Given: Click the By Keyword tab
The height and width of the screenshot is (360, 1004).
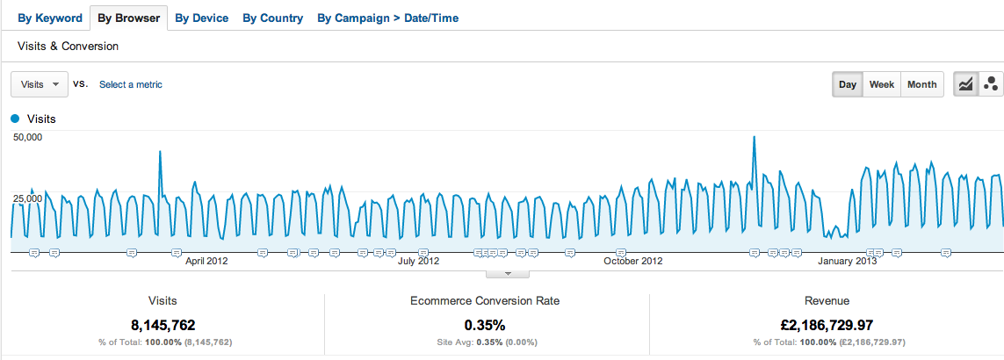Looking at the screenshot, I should point(50,18).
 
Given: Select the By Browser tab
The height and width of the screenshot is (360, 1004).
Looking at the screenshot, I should point(128,18).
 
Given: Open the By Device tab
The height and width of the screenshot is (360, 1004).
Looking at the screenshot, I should point(202,18).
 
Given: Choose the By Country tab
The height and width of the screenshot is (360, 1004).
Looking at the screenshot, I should point(273,18).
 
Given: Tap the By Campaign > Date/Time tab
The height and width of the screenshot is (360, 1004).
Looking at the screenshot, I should point(387,18).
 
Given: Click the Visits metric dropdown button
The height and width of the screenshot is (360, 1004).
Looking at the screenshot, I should point(40,84).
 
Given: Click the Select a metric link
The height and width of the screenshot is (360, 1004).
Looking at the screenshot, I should point(131,85).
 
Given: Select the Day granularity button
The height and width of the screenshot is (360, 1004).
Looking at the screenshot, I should point(848,85).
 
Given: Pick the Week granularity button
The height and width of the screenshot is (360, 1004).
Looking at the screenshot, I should point(882,85).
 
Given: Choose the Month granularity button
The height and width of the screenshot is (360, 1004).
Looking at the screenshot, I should point(922,85).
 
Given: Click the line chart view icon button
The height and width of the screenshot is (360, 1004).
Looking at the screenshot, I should point(965,85).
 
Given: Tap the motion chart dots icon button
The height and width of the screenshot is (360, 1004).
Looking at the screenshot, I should point(991,85).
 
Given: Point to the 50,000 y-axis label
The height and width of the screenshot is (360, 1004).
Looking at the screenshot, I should point(27,138).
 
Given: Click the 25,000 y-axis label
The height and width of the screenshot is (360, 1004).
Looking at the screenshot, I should point(27,199).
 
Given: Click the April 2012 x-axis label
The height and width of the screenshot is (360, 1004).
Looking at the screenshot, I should point(206,261).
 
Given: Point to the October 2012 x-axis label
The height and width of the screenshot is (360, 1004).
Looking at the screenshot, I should point(634,261).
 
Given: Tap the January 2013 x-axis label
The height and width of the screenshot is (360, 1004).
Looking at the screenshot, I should point(848,261).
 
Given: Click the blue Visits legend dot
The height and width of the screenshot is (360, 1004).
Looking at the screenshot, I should point(15,119).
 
